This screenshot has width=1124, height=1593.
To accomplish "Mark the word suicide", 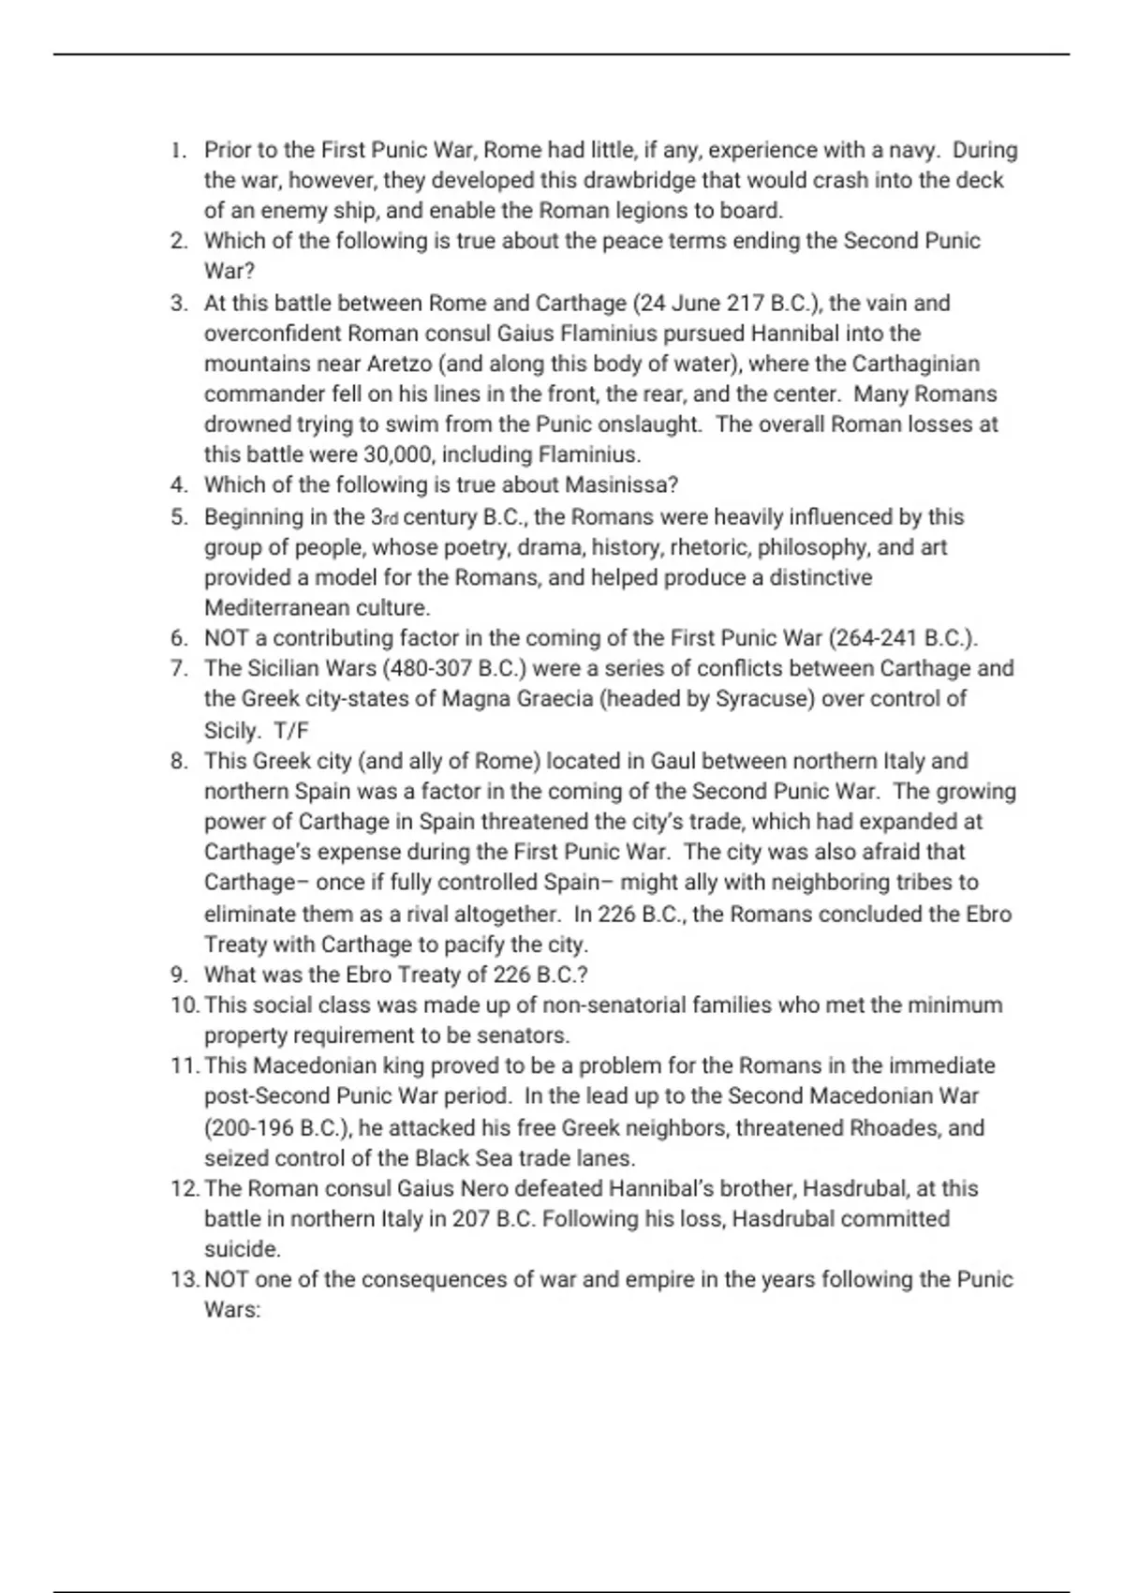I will click(x=242, y=1249).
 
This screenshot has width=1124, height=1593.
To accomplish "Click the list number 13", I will click(x=185, y=1279).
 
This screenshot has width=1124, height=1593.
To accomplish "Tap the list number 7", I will click(x=180, y=668).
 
